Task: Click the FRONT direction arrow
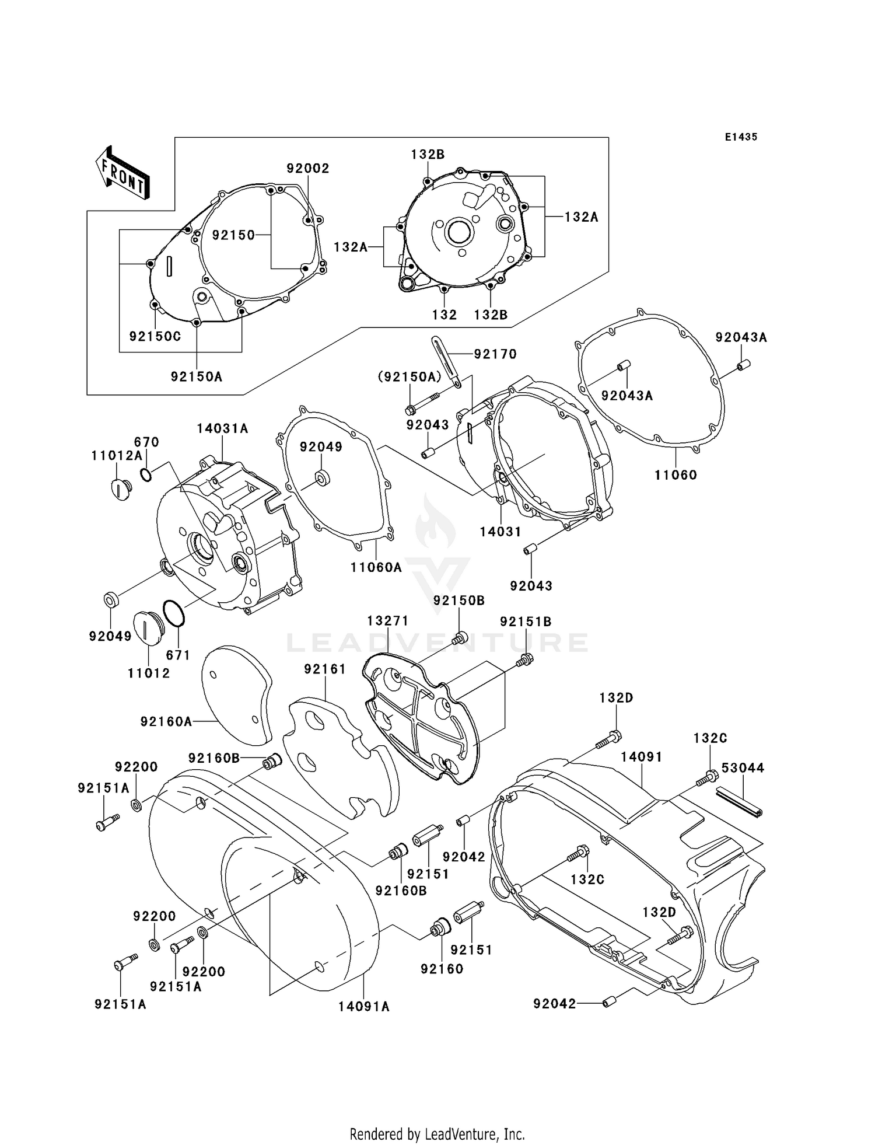[x=123, y=173]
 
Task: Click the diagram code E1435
[x=741, y=137]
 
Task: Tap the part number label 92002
[x=307, y=169]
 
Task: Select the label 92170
[x=495, y=354]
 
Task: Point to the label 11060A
[x=376, y=567]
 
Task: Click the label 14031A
[x=222, y=428]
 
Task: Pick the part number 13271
[x=387, y=621]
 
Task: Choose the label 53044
[x=743, y=768]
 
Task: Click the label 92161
[x=325, y=669]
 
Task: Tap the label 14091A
[x=363, y=1006]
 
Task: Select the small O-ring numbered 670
[x=146, y=474]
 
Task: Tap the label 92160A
[x=166, y=722]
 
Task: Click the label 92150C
[x=155, y=337]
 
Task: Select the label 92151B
[x=525, y=622]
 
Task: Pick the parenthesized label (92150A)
[x=409, y=378]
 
